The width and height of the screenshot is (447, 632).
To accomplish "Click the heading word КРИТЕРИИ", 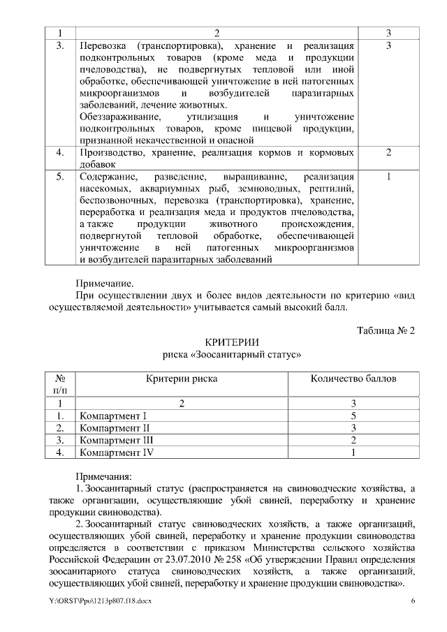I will pyautogui.click(x=231, y=343).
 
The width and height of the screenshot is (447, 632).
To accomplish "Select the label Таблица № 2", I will pyautogui.click(x=386, y=330).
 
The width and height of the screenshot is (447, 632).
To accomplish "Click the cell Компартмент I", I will pyautogui.click(x=113, y=416).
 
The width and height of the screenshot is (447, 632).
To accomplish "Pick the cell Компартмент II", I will pyautogui.click(x=115, y=427).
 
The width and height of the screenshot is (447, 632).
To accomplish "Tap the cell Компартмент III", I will pyautogui.click(x=117, y=440).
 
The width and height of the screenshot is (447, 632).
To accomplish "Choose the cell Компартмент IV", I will pyautogui.click(x=117, y=452).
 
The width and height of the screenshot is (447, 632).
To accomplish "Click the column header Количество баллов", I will pyautogui.click(x=353, y=379).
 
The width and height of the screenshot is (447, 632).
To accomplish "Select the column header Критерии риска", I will pyautogui.click(x=182, y=379).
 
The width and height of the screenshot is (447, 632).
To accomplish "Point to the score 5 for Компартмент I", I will pyautogui.click(x=353, y=416).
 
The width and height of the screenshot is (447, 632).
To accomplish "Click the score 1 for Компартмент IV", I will pyautogui.click(x=353, y=452).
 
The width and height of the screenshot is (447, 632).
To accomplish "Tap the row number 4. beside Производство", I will pyautogui.click(x=60, y=152).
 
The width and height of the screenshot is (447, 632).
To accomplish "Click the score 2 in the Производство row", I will pyautogui.click(x=388, y=152).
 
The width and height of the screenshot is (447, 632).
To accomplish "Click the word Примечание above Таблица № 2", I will pyautogui.click(x=104, y=283).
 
